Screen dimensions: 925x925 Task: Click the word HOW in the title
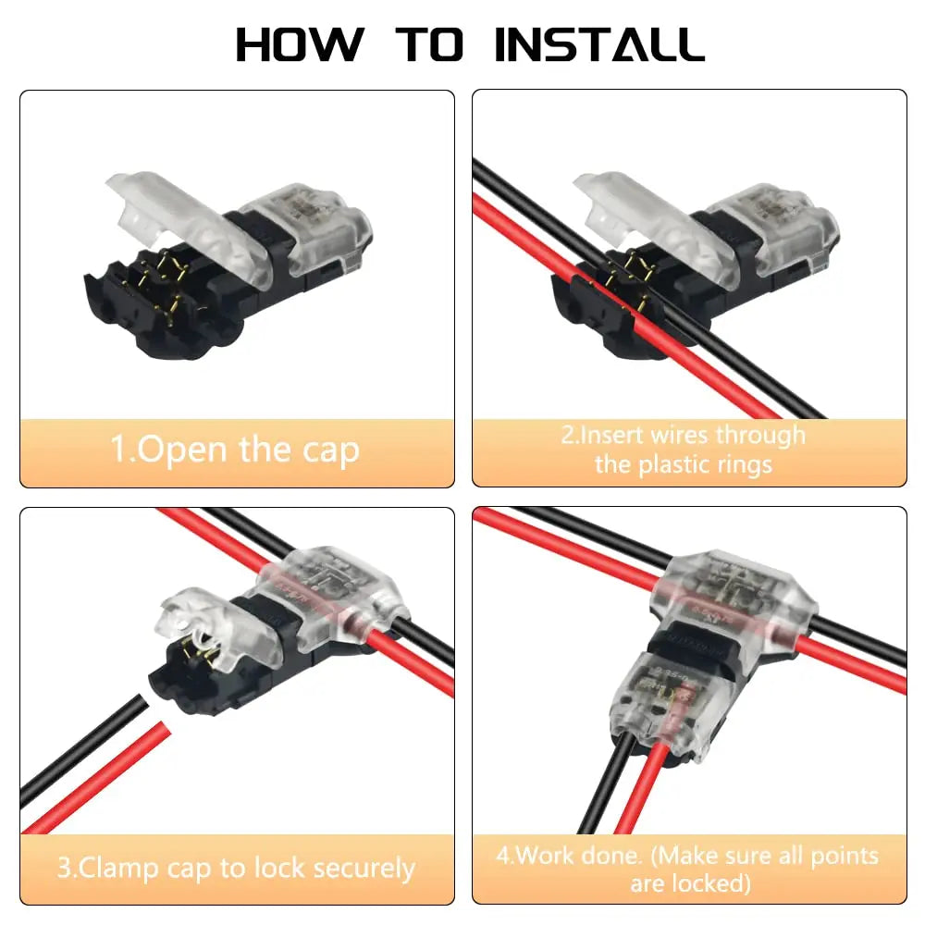298,44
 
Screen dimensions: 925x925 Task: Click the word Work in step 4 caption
547,854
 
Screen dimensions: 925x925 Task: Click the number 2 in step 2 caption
567,435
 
